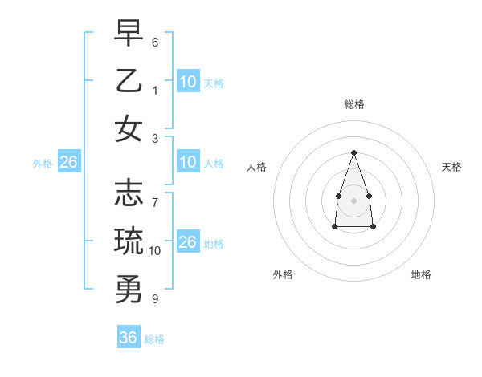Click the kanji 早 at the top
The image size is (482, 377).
(x=129, y=33)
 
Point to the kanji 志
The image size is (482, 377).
(x=129, y=193)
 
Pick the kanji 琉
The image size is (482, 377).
(x=129, y=240)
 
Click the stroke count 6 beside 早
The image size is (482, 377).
(x=155, y=42)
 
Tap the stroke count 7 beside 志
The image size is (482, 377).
(x=155, y=193)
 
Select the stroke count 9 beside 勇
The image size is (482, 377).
(x=155, y=298)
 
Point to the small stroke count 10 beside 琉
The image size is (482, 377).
(x=155, y=250)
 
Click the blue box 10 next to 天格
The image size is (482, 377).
(x=188, y=82)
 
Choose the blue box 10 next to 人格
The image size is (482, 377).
(x=188, y=163)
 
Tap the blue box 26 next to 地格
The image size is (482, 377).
(x=188, y=242)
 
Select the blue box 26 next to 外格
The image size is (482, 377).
(x=68, y=163)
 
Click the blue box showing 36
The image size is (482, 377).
(x=129, y=338)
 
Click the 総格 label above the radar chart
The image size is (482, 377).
(x=353, y=104)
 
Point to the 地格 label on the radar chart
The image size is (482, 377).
(x=421, y=274)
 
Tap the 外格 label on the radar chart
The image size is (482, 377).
(x=283, y=274)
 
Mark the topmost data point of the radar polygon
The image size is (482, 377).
(x=353, y=152)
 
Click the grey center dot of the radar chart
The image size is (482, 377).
(x=353, y=200)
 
